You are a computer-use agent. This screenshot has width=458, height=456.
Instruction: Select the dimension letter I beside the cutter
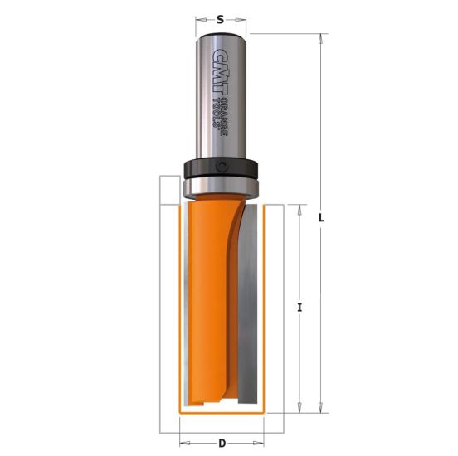[x=299, y=307]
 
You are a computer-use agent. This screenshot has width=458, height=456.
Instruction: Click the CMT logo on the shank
[x=221, y=67]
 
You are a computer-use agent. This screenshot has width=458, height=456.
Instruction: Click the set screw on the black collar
[x=223, y=167]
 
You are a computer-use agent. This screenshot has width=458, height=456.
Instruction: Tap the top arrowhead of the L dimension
[x=319, y=37]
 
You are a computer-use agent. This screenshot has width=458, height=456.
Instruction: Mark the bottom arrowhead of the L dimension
[x=319, y=408]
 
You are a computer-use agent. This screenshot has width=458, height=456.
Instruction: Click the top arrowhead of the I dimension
[x=296, y=206]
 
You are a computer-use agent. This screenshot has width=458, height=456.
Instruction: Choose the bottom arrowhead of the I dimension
[x=296, y=408]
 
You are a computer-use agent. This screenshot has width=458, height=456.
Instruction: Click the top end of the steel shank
[x=221, y=36]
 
